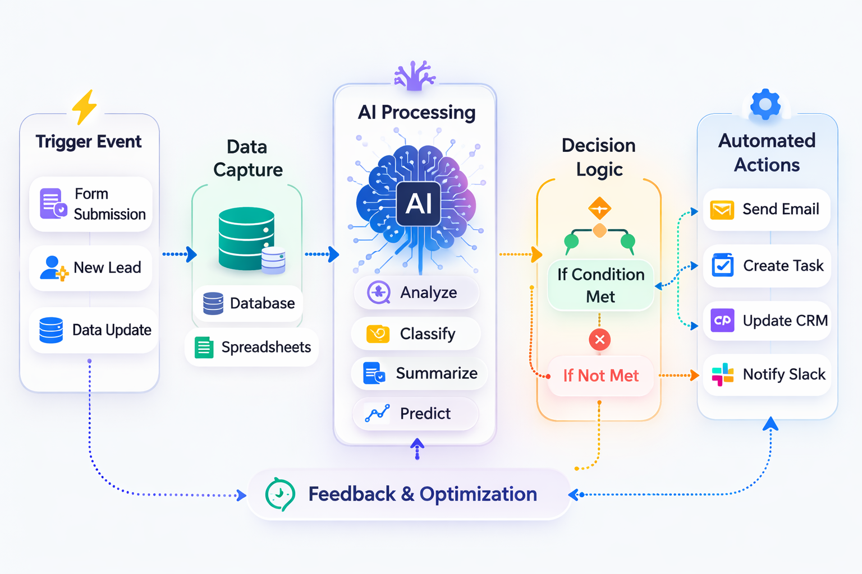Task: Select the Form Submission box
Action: pyautogui.click(x=91, y=204)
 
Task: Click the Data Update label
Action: pyautogui.click(x=112, y=330)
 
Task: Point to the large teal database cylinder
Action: pyautogui.click(x=246, y=238)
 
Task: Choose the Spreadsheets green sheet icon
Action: pyautogui.click(x=204, y=348)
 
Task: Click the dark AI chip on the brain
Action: pyautogui.click(x=419, y=203)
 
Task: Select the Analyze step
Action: pyautogui.click(x=416, y=293)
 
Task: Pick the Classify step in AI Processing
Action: pyautogui.click(x=416, y=334)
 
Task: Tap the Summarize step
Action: pyautogui.click(x=419, y=373)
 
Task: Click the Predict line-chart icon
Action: pyautogui.click(x=377, y=414)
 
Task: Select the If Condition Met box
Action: pyautogui.click(x=600, y=285)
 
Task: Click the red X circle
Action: pyautogui.click(x=599, y=340)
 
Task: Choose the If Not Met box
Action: pyautogui.click(x=600, y=376)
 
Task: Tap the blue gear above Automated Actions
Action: pyautogui.click(x=765, y=104)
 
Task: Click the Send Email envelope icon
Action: pyautogui.click(x=722, y=210)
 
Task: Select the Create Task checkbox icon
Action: pyautogui.click(x=722, y=266)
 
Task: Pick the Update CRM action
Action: pyautogui.click(x=767, y=321)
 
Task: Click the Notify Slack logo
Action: pyautogui.click(x=722, y=374)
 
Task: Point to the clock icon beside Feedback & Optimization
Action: pyautogui.click(x=279, y=494)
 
